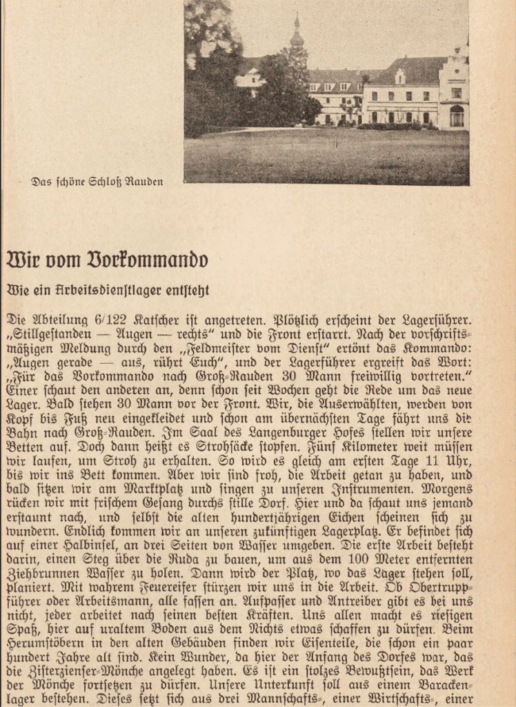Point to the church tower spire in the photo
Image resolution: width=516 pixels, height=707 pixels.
point(297,31)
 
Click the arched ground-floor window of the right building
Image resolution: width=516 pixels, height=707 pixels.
point(457,115)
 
